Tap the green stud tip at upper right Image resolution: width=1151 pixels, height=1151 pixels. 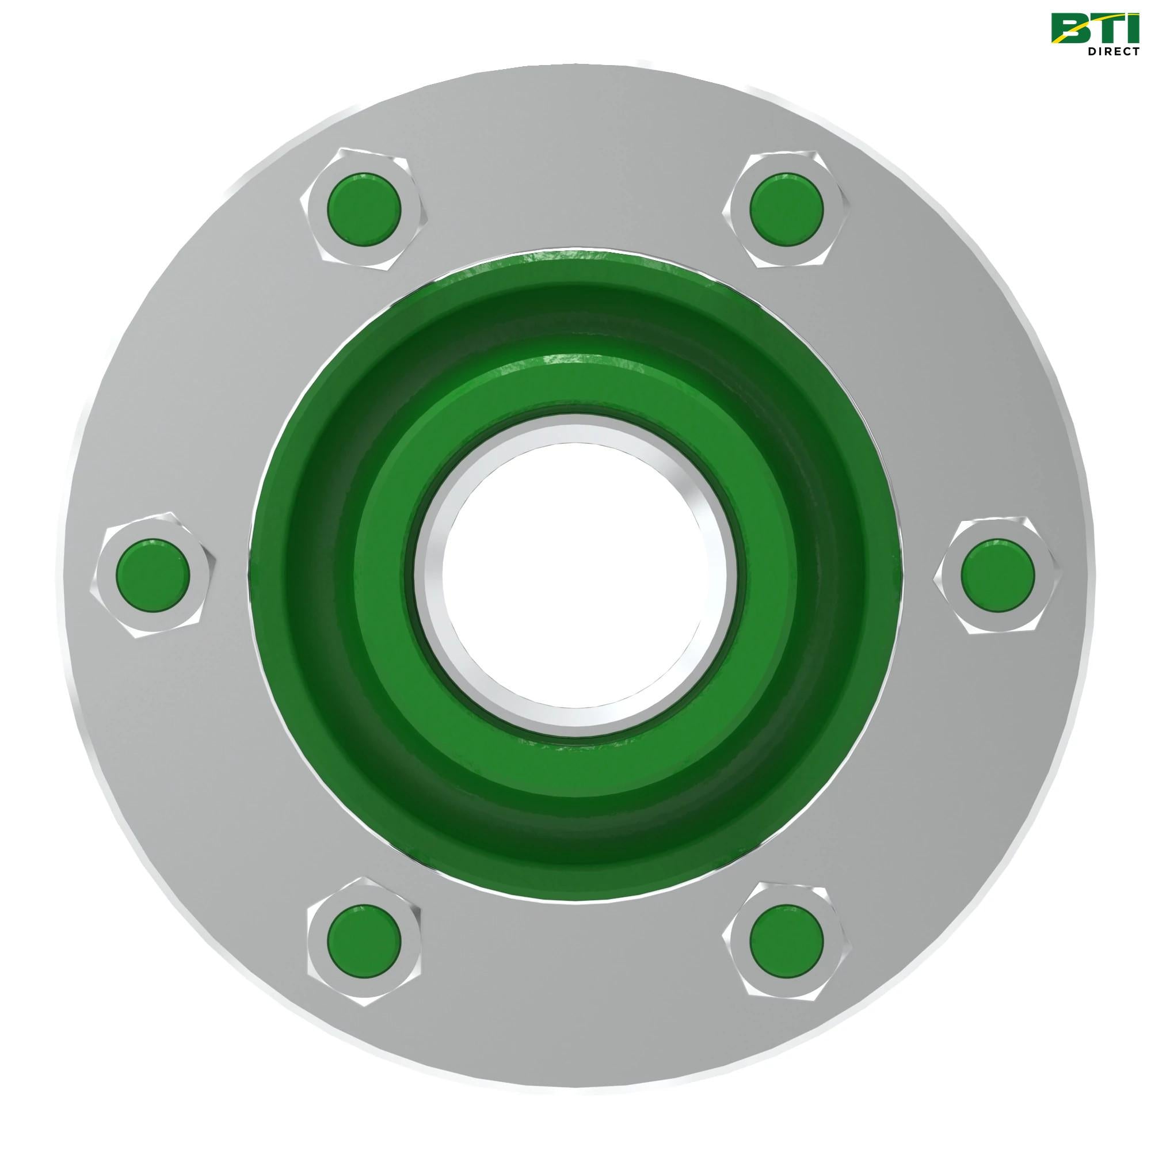click(x=787, y=209)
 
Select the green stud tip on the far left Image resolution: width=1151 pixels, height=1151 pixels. click(x=153, y=575)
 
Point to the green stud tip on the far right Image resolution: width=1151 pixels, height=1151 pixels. click(x=998, y=575)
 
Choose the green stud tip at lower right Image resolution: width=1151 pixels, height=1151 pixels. click(x=787, y=942)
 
